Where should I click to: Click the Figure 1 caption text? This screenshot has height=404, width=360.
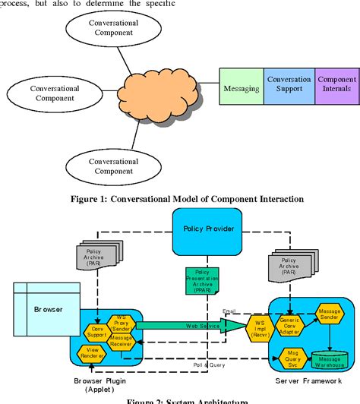180,199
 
